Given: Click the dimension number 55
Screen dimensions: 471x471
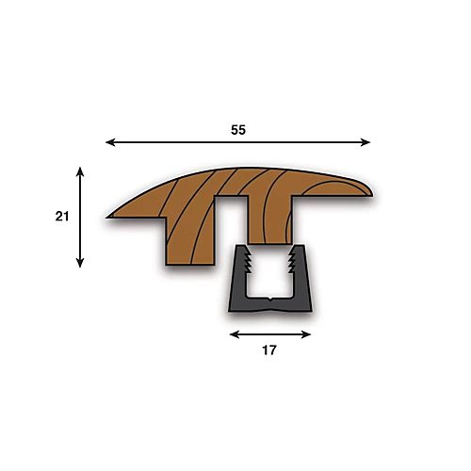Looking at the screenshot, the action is point(238,130).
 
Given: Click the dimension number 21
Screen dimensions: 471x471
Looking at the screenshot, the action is point(62,217).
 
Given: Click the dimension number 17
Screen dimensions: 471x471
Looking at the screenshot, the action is point(269,350).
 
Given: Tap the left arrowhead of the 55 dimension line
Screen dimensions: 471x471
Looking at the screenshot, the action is point(110,142).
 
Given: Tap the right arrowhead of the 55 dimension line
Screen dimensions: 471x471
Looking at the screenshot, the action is point(365,142).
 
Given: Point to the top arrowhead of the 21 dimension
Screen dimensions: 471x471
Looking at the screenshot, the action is point(80,171).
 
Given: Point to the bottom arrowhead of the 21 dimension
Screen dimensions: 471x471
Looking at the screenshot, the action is point(80,263).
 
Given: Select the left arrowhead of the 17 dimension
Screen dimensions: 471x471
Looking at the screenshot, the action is point(235,334).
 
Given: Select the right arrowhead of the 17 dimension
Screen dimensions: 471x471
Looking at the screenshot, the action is point(306,334).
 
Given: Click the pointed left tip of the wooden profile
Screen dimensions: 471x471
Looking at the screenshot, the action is point(107,217).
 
